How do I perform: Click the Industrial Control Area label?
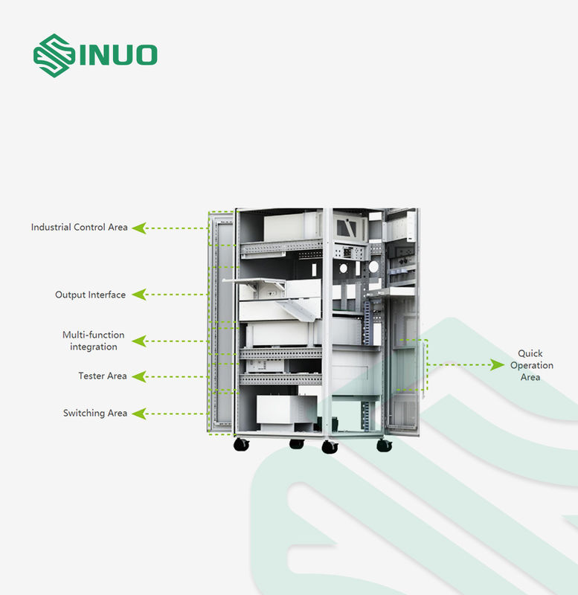(x=79, y=228)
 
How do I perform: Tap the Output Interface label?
(x=90, y=295)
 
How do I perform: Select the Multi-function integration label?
(x=94, y=341)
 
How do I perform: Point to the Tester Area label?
(x=103, y=376)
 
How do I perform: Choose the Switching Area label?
(x=95, y=414)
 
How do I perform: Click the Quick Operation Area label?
(x=530, y=365)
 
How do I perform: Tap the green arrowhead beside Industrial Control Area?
(x=139, y=228)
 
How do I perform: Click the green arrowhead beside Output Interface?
(x=139, y=295)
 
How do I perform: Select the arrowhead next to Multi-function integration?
(x=139, y=341)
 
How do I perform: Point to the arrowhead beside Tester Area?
(x=139, y=376)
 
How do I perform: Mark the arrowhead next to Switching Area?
(x=139, y=414)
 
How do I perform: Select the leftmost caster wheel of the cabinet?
(x=241, y=445)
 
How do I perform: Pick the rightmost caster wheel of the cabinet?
(x=384, y=445)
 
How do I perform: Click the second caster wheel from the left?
(x=296, y=444)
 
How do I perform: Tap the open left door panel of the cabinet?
(x=221, y=324)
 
